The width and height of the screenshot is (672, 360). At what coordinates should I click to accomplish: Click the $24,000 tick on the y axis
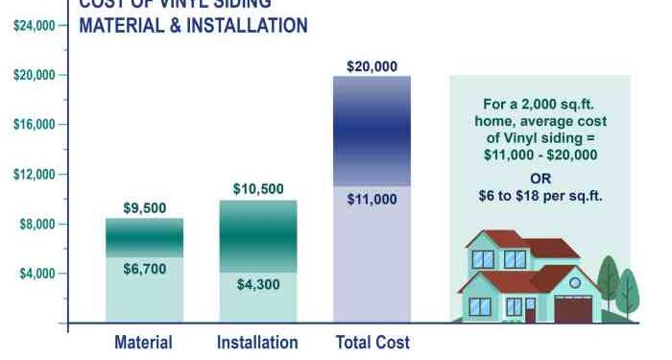pos(34,25)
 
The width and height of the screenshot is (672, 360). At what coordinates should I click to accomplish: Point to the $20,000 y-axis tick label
pos(34,75)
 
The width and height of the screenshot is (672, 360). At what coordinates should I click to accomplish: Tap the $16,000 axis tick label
pos(34,125)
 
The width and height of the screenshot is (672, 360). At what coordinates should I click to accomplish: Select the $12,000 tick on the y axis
pos(34,175)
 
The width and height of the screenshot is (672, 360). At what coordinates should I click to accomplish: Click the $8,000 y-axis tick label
pos(36,225)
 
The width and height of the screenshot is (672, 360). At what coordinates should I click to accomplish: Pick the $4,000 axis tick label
pos(36,275)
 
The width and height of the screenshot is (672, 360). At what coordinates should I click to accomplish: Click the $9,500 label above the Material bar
pos(144,207)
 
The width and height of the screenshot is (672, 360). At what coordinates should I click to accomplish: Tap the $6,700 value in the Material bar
pos(144,270)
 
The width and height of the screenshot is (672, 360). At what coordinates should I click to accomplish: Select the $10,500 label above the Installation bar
pos(258,189)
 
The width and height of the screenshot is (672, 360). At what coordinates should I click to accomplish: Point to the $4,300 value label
pos(258,284)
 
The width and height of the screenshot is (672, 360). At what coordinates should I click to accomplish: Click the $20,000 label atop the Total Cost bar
pos(372,66)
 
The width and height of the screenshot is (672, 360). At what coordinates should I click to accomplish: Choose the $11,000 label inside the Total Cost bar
pos(372,200)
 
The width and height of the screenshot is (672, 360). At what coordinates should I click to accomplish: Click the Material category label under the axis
pos(144,342)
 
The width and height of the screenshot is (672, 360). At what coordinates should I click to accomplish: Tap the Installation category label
pos(257,342)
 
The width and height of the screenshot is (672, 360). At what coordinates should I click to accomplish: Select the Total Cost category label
pos(372,342)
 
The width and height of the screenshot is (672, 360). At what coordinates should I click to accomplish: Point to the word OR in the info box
pos(540,179)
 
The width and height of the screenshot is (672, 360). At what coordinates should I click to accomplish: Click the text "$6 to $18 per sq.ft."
pos(540,197)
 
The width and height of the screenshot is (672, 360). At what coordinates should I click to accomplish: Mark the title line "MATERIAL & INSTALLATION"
pos(193,26)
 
